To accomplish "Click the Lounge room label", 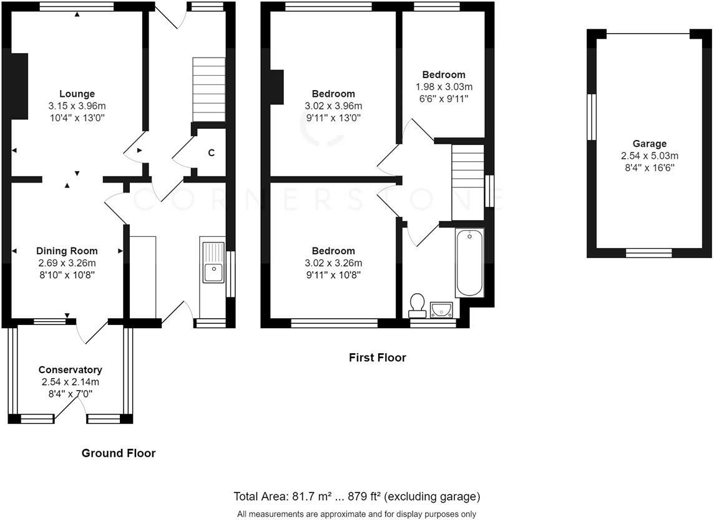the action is tap(77, 94).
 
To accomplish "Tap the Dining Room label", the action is tap(67, 251).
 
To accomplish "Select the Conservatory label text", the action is tap(70, 370).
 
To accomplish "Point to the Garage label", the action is tap(649, 144).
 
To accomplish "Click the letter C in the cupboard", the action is tap(212, 152).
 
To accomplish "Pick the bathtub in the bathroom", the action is tap(469, 262).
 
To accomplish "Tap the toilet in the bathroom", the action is tap(417, 306).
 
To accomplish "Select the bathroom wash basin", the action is tap(441, 309).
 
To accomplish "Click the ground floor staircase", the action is tap(209, 89).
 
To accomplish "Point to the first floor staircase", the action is tap(467, 182).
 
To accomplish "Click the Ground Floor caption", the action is tap(119, 453).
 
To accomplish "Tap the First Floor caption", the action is tap(378, 357).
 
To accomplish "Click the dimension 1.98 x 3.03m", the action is tap(444, 87).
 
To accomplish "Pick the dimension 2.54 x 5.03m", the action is tap(649, 156).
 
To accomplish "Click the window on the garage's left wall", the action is tap(592, 117).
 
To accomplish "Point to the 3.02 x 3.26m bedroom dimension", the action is tap(333, 263).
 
